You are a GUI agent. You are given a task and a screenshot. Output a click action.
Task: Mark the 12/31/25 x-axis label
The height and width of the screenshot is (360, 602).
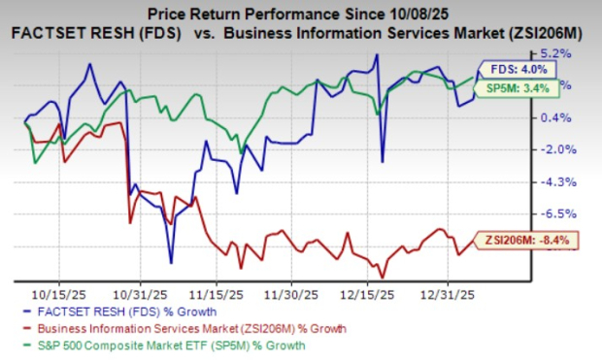(445, 291)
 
